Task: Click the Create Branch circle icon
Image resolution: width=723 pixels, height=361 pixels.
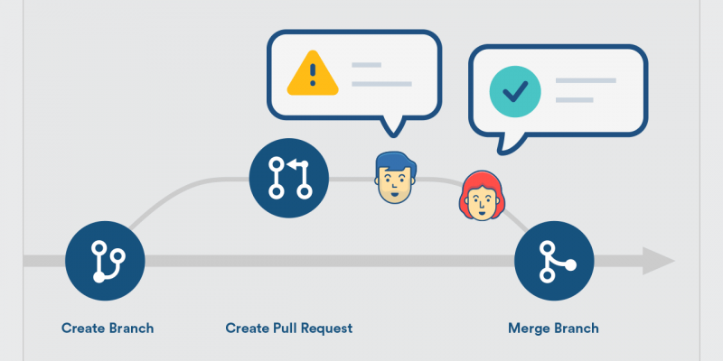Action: [105, 261]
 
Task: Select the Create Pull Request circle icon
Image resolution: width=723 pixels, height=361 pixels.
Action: [289, 178]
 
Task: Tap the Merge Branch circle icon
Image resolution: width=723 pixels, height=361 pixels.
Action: [554, 261]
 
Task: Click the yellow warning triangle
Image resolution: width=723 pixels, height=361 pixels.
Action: [313, 73]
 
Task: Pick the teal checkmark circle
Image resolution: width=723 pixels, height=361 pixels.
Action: [515, 91]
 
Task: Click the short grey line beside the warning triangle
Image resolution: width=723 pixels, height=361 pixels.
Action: [367, 65]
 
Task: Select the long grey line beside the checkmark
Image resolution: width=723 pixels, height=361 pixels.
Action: [586, 80]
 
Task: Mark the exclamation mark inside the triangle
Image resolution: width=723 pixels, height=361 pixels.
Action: [313, 75]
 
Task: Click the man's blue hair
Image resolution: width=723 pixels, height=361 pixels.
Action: [396, 162]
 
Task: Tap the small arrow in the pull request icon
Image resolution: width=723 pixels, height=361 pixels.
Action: [296, 164]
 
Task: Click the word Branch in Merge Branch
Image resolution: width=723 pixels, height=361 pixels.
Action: [576, 329]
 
